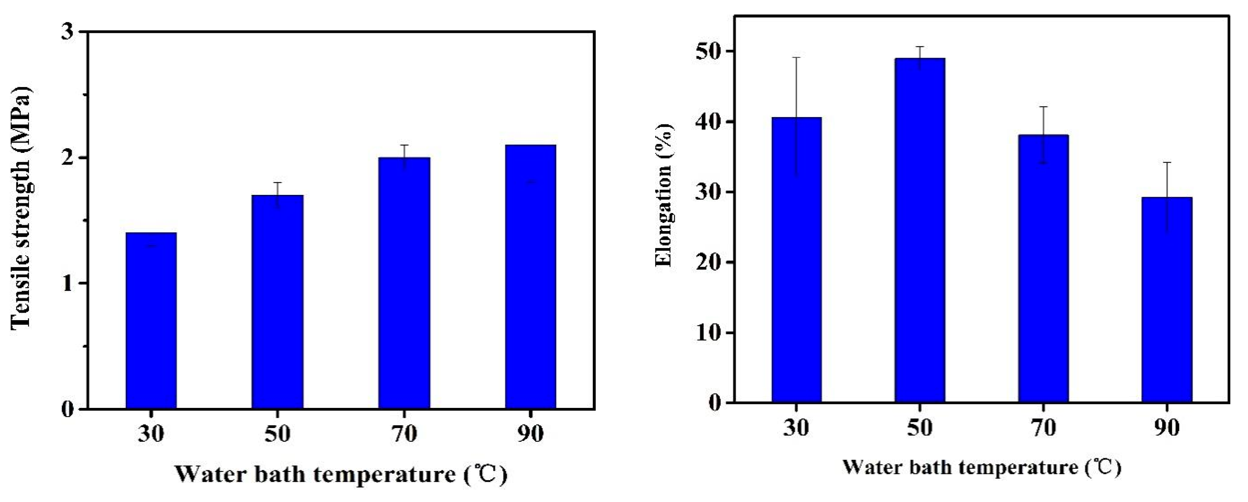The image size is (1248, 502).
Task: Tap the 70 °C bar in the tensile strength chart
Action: tap(404, 283)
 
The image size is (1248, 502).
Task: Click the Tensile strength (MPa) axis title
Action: tap(21, 208)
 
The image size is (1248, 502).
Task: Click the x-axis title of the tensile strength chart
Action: tap(340, 474)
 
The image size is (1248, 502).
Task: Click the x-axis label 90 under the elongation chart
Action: tap(1167, 428)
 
